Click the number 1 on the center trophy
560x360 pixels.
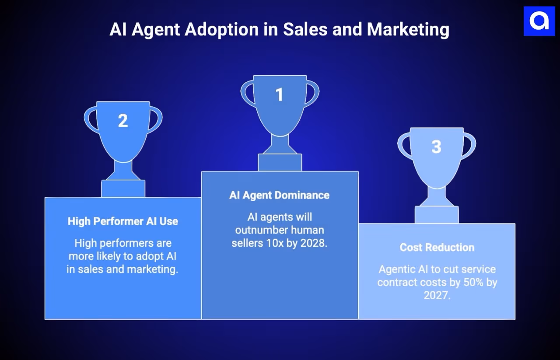pos(279,94)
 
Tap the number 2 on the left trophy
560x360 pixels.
pos(123,121)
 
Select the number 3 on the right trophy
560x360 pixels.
pos(436,147)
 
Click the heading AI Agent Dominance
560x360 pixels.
pos(279,195)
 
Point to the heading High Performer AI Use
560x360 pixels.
pos(123,221)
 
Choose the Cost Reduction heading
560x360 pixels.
pos(437,247)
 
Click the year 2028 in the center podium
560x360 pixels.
pos(313,243)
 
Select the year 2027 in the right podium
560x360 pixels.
pos(437,295)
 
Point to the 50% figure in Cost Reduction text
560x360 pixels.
pos(472,282)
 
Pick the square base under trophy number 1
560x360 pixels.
pos(280,162)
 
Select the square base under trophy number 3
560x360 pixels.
pos(436,215)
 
